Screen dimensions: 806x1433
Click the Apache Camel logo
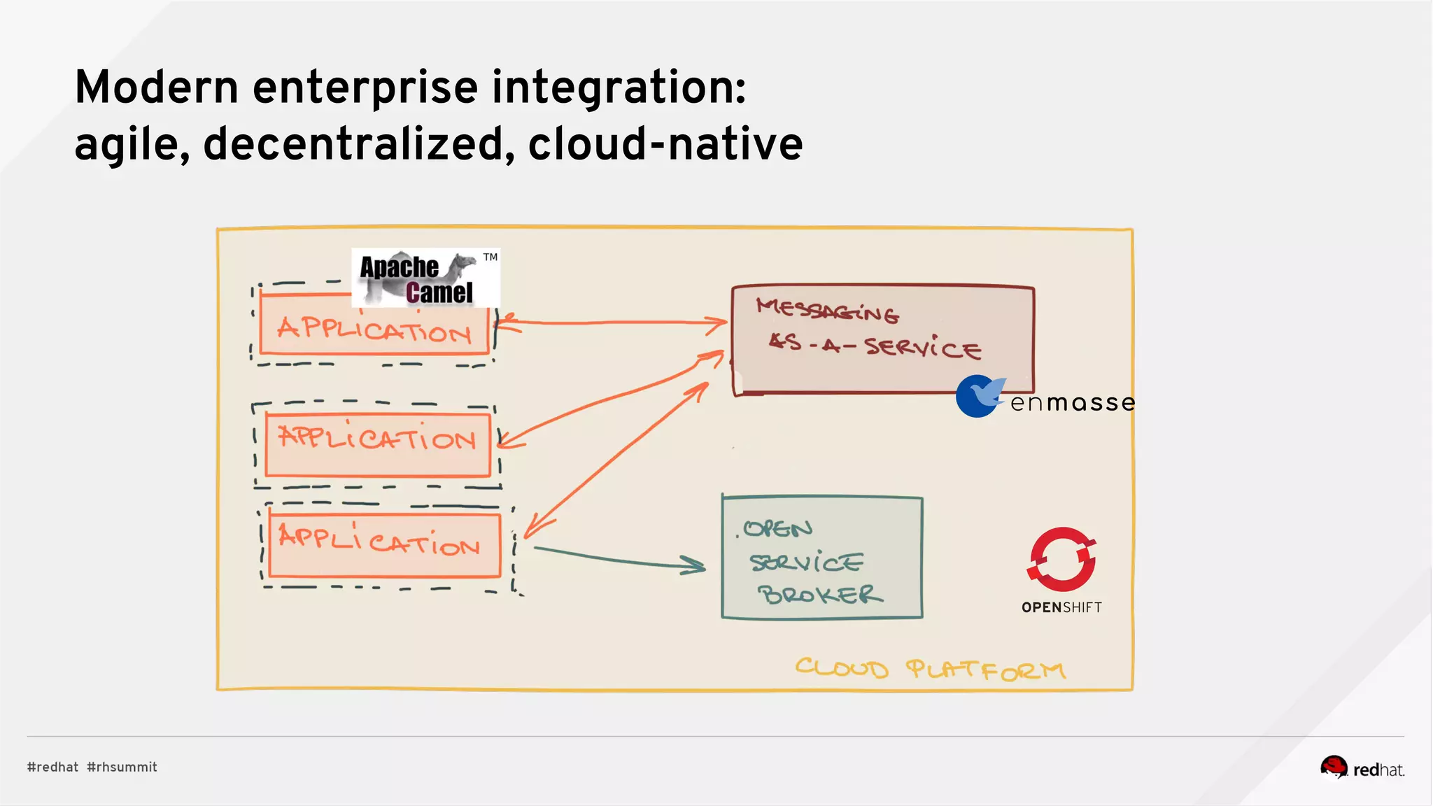tap(420, 278)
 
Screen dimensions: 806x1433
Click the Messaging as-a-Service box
tap(882, 339)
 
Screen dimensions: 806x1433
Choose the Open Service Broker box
tap(821, 558)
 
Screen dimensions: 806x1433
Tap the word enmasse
tap(1072, 403)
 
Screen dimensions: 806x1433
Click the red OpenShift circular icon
tap(1061, 559)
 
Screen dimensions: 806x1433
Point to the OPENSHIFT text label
tap(1061, 607)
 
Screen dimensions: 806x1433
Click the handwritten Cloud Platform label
tap(930, 669)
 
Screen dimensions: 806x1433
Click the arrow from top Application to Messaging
tap(612, 323)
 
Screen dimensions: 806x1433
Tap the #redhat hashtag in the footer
tap(52, 767)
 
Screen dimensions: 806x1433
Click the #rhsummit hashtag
tap(122, 767)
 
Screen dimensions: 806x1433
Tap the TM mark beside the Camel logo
tap(490, 257)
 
